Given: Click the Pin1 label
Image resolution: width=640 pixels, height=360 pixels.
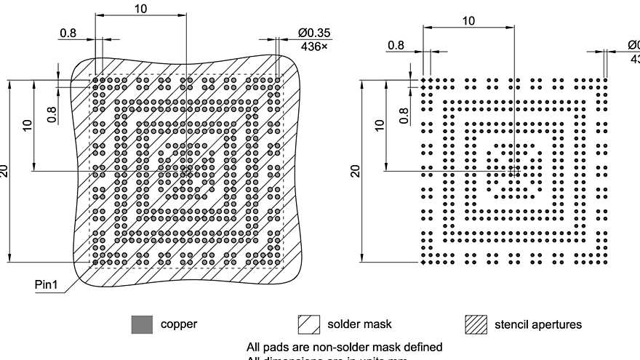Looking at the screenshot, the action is coord(46,284).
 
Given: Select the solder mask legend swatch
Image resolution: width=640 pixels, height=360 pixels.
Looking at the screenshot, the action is coord(309,324).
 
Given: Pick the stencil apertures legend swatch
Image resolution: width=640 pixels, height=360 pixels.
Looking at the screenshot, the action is coord(476,324).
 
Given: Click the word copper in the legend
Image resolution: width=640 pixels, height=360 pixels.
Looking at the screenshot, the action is coord(179,324).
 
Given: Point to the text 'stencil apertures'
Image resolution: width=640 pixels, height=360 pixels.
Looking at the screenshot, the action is coord(538,324).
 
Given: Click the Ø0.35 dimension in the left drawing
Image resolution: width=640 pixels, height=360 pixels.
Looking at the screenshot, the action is coord(313,33).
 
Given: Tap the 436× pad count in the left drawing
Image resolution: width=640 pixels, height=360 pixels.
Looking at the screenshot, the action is coord(313,47).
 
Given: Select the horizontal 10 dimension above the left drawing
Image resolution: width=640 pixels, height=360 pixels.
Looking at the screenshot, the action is coord(140,8).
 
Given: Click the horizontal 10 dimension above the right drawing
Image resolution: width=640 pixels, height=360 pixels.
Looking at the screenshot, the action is coord(469,21).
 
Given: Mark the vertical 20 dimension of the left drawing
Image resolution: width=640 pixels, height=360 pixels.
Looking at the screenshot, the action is coord(5,171).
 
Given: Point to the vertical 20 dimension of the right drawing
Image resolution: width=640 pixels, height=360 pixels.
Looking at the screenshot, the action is coord(356,171).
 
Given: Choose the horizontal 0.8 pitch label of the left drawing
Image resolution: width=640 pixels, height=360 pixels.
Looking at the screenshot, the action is coord(67,33).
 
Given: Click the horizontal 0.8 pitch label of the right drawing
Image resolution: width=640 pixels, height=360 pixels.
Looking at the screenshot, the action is coord(396,45).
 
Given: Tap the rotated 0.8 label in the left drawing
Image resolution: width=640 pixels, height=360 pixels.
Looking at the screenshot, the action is coord(52,115).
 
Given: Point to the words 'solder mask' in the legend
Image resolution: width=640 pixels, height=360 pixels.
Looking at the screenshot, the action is coord(359,324).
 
